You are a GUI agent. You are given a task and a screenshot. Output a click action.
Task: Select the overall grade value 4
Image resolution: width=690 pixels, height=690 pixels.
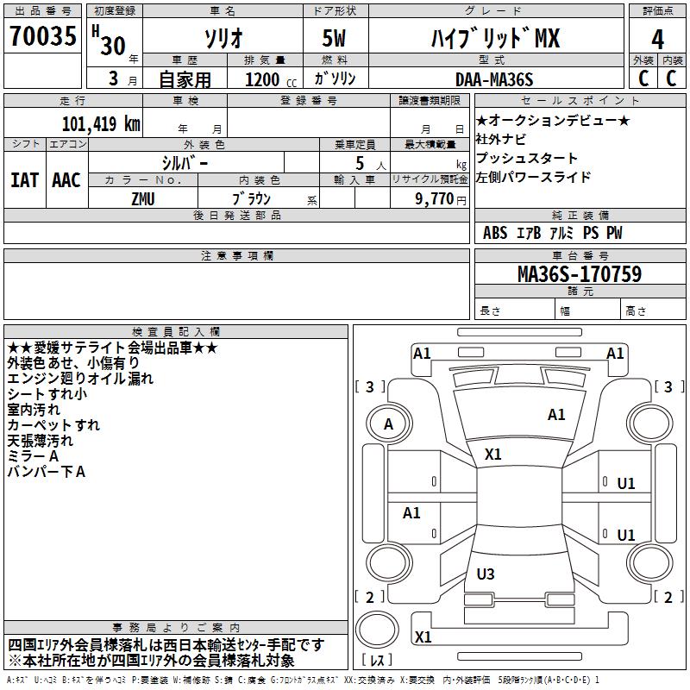click(x=658, y=39)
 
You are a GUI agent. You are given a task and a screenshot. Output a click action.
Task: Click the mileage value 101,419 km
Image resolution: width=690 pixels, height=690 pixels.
click(x=101, y=122)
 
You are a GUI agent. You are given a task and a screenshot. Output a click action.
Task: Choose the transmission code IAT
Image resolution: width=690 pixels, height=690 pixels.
click(x=24, y=180)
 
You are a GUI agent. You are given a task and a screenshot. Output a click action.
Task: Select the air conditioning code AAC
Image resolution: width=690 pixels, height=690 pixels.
click(x=66, y=180)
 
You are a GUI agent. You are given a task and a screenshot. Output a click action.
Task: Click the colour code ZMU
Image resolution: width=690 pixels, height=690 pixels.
click(x=143, y=198)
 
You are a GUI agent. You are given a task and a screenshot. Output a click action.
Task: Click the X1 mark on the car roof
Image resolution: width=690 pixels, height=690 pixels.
click(x=493, y=455)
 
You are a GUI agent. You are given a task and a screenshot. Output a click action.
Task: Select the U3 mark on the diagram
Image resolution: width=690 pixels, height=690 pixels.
click(x=486, y=574)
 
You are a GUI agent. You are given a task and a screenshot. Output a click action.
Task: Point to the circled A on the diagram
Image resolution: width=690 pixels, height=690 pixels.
click(x=388, y=423)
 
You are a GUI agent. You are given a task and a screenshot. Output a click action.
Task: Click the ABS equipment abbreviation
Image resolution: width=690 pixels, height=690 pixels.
click(x=495, y=233)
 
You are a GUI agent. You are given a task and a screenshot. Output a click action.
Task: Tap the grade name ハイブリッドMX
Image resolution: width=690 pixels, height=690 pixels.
click(x=495, y=39)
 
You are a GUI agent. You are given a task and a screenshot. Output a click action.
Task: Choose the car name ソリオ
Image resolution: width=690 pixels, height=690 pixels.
click(x=223, y=39)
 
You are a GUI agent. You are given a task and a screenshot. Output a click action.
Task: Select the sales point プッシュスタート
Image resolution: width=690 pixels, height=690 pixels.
click(x=527, y=158)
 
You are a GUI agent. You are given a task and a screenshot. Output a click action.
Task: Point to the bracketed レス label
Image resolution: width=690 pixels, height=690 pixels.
click(x=378, y=661)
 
